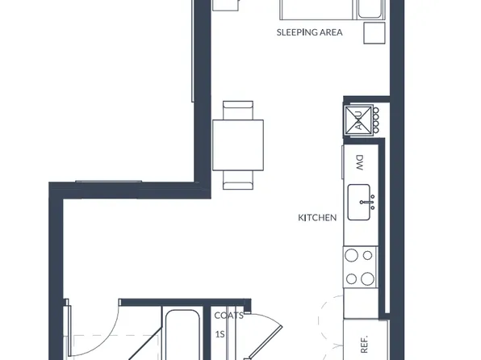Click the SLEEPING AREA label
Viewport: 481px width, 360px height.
coord(309,33)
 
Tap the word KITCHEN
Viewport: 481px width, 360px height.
coord(317,218)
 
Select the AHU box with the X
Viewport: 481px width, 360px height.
coord(357,120)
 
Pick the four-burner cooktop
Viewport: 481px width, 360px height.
coord(359,267)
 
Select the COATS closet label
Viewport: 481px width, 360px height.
coord(229,316)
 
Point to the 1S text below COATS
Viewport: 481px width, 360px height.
coord(220,333)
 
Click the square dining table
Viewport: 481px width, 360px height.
coord(238,144)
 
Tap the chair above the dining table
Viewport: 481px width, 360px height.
coord(238,110)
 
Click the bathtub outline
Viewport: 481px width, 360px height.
coord(182,335)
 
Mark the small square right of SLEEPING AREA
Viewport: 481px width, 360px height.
coord(374,35)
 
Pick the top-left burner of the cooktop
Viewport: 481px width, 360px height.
coord(351,256)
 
